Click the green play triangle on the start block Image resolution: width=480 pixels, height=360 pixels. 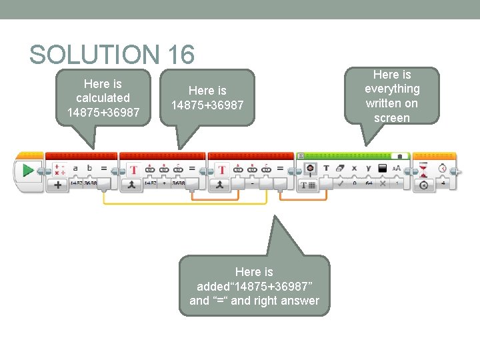[x=27, y=171]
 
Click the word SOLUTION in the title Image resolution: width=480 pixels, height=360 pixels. [x=91, y=55]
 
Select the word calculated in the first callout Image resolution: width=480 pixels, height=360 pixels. [x=103, y=98]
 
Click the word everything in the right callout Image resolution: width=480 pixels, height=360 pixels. [x=392, y=89]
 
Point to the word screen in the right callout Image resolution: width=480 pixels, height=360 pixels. [x=392, y=118]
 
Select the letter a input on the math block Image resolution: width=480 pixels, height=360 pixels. [x=75, y=169]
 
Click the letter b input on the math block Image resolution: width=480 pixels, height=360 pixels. [x=90, y=169]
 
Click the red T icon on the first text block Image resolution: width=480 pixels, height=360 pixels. [x=133, y=170]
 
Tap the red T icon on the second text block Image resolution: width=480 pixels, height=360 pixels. [x=221, y=170]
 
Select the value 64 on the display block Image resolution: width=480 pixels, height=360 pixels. [x=368, y=183]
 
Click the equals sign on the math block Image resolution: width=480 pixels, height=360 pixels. [x=105, y=169]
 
